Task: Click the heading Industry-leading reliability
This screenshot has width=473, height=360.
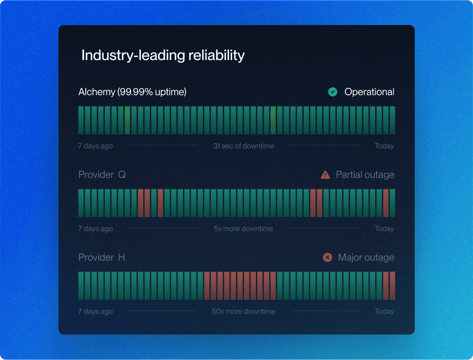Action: (163, 56)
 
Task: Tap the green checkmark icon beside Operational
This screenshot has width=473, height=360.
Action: (333, 92)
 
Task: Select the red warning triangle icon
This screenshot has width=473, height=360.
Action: (326, 175)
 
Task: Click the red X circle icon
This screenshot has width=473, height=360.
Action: (328, 257)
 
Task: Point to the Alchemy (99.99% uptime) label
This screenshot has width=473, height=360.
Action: (132, 92)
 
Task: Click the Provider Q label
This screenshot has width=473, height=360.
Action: (102, 175)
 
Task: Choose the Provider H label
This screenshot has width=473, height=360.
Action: (102, 257)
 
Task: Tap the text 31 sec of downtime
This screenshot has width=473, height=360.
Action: (244, 146)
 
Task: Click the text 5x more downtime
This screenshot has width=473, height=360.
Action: (243, 229)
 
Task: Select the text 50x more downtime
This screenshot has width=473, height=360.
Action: (244, 311)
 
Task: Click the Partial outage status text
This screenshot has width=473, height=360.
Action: (365, 175)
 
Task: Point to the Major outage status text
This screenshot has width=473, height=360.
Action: (366, 257)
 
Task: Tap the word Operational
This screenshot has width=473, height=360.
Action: (369, 92)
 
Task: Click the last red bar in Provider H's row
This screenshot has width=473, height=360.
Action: (393, 285)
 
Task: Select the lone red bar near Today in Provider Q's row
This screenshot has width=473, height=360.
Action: (386, 203)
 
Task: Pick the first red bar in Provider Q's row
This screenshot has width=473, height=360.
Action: (140, 203)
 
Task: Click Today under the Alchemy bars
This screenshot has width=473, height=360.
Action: (384, 146)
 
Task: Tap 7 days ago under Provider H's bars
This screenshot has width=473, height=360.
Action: (95, 312)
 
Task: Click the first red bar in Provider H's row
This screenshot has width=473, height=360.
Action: (207, 285)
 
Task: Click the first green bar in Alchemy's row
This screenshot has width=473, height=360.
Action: (81, 120)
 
